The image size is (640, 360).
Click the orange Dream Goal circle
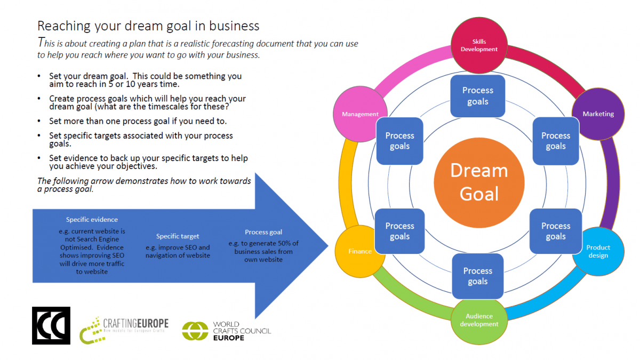point(479,183)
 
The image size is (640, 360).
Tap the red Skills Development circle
point(479,45)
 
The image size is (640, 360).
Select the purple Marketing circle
point(598,114)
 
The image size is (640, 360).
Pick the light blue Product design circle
point(598,251)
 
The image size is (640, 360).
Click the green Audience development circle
point(479,321)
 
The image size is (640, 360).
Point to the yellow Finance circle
point(359,251)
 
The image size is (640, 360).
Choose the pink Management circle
point(360,114)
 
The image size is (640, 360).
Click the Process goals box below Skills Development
point(478,96)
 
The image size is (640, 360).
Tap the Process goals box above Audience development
point(478,276)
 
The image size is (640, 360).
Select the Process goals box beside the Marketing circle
point(556,141)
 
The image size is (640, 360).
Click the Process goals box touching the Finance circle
point(399,231)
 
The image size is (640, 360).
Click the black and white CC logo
point(51,325)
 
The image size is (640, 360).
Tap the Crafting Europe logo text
point(135,323)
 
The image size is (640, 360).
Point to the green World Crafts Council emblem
point(195,331)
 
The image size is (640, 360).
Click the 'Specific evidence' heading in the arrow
point(92,219)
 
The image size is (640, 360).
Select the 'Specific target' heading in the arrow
point(178,236)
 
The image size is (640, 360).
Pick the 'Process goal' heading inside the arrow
point(263,232)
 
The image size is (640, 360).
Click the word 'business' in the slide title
point(234,26)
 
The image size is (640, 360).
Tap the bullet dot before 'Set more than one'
point(39,121)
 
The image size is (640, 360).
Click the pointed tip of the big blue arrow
point(328,245)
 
